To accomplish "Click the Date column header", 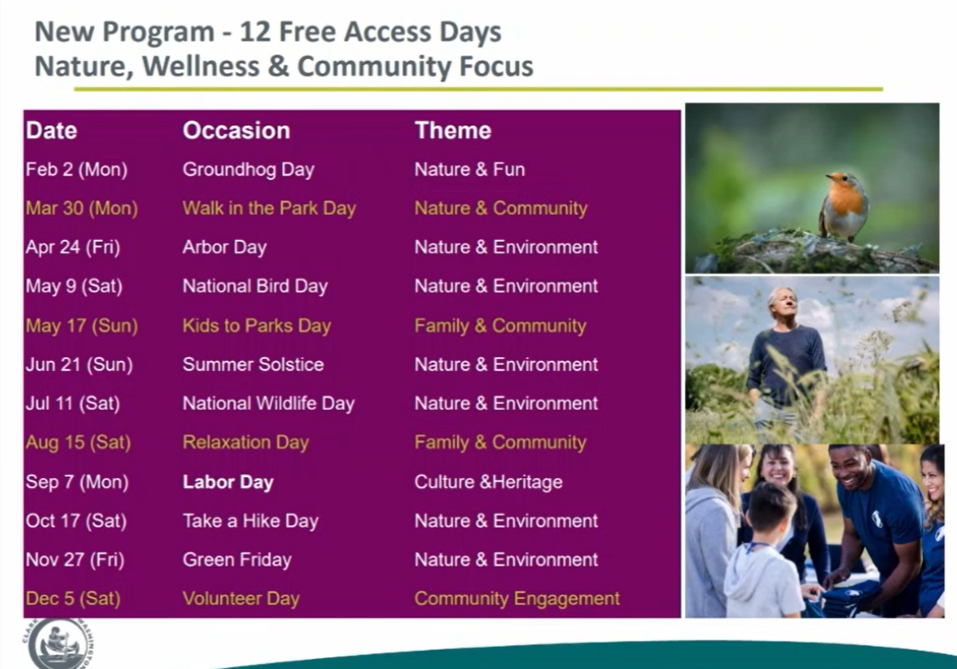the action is pos(52,131).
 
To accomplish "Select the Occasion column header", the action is pos(236,131).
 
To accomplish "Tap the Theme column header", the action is pos(453,131).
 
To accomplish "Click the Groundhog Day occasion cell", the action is pos(248,169).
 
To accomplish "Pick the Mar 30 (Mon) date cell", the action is pos(82,209).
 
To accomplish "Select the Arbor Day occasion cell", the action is pos(225,247).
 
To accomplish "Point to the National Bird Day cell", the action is pos(255,287).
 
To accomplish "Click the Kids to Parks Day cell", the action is pos(256,326).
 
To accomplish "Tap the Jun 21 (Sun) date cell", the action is pos(79,364).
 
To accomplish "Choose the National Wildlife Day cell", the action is pos(268,404).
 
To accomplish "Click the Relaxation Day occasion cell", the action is pos(245,442).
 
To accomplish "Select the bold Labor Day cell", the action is pos(228,482).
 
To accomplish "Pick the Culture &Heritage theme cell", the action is pos(489,482).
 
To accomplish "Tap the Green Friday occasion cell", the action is pos(237,560).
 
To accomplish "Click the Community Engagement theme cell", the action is pos(517,599).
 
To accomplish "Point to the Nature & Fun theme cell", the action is pos(469,169).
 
